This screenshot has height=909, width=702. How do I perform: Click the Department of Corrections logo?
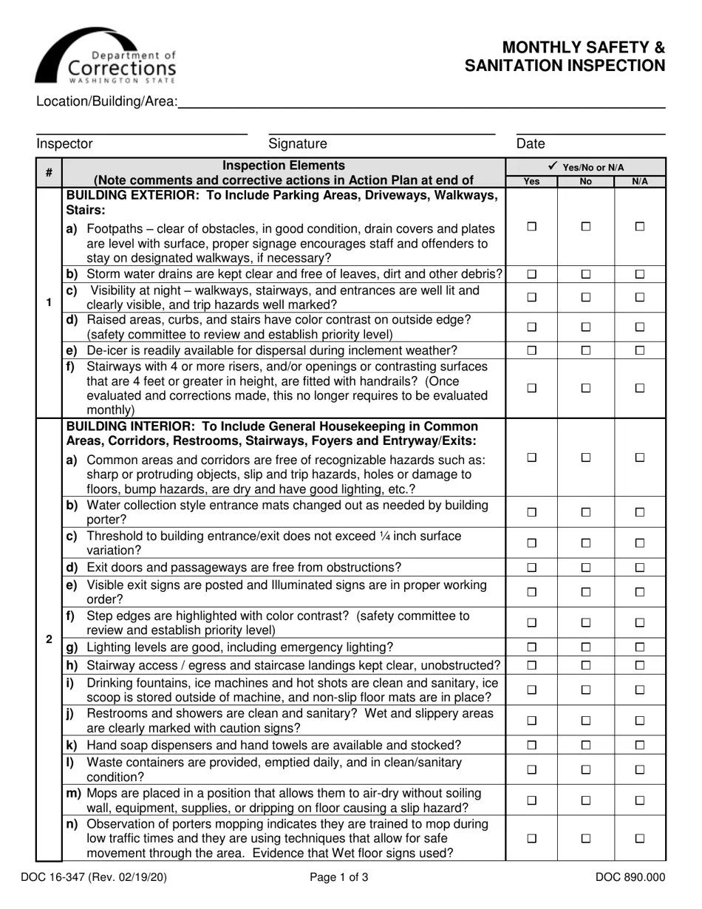[x=106, y=58]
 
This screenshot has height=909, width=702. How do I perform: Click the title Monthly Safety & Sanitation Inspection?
[x=565, y=57]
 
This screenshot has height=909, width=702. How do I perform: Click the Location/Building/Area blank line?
[x=421, y=103]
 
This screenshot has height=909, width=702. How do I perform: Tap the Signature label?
[x=297, y=144]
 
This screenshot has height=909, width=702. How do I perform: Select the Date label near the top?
[x=530, y=144]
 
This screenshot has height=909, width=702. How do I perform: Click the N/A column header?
[x=640, y=182]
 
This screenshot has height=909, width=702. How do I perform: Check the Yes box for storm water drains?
[x=531, y=274]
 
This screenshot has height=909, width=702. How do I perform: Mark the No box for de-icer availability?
[x=586, y=350]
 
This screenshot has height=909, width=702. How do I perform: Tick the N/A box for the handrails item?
[x=640, y=388]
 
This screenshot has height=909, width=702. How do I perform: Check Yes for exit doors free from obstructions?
[x=531, y=568]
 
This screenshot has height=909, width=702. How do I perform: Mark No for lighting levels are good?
[x=586, y=647]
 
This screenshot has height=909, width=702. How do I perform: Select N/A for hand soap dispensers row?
[x=640, y=745]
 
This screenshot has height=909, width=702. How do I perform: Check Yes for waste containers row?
[x=531, y=769]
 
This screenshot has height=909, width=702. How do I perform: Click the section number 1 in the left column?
[x=49, y=302]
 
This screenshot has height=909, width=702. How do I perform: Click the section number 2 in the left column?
[x=49, y=639]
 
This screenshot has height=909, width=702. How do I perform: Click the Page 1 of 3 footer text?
[x=339, y=878]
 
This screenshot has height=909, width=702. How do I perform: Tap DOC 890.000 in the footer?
[x=630, y=878]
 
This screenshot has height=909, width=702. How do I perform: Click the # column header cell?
[x=49, y=173]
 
